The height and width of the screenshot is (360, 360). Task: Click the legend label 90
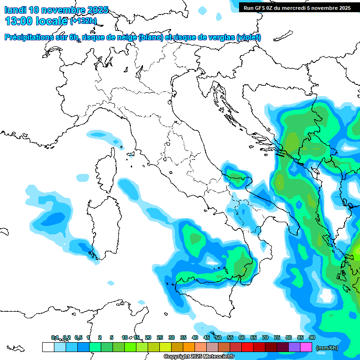(312, 337)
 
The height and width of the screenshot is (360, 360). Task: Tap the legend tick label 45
(207, 337)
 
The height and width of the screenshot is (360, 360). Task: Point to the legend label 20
(148, 337)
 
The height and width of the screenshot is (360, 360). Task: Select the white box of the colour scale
(48, 347)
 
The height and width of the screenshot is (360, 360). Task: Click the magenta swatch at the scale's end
(306, 347)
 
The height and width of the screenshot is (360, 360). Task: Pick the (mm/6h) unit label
(327, 348)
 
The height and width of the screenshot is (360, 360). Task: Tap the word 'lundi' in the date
(15, 10)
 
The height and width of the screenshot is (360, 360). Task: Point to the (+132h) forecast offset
(83, 21)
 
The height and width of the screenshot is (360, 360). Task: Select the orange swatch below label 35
(189, 347)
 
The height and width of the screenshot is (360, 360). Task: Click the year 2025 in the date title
(97, 10)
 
